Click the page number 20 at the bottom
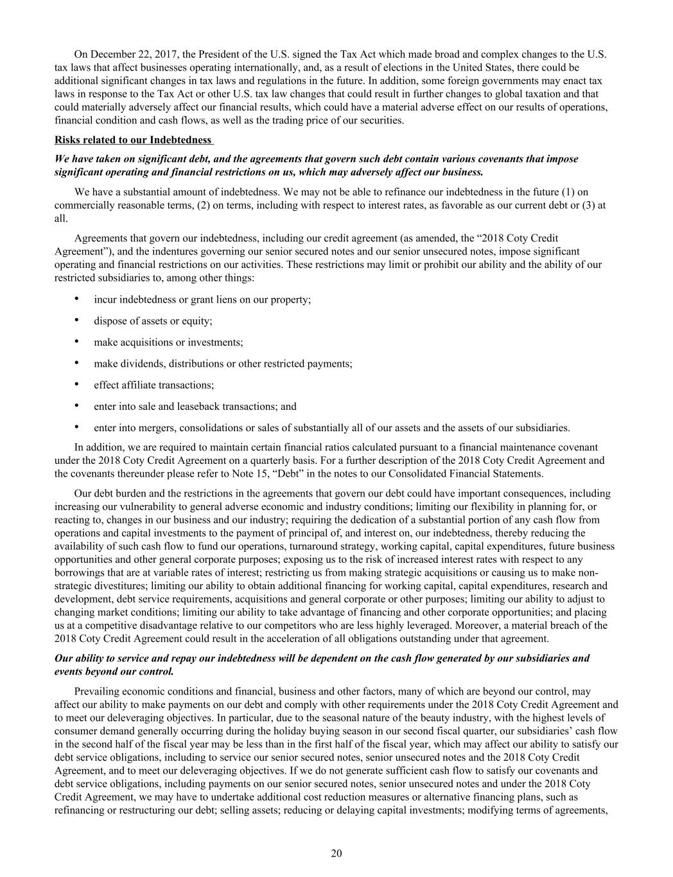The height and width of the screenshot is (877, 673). pos(336,853)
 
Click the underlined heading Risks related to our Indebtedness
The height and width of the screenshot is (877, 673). pos(133,139)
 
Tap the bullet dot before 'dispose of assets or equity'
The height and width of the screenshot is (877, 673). pos(77,320)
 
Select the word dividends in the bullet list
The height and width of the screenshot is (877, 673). pos(141,364)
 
